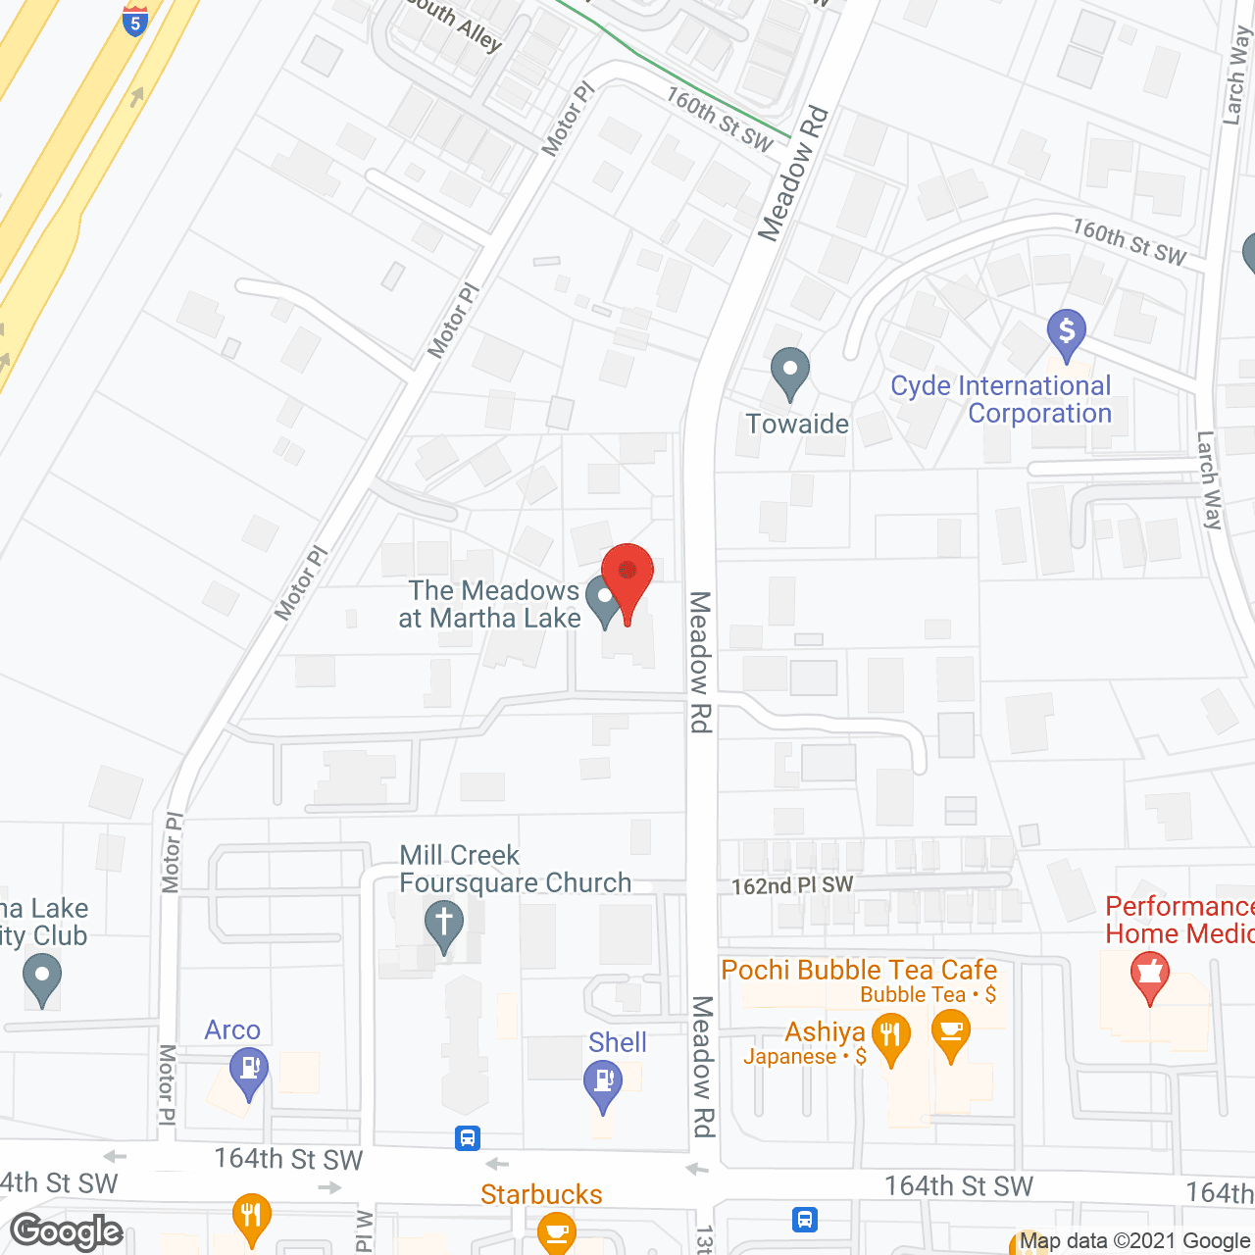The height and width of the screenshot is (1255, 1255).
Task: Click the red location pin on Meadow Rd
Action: (x=627, y=578)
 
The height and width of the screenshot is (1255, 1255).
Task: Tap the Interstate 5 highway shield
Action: (x=135, y=19)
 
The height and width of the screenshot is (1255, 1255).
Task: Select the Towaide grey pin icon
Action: (x=789, y=374)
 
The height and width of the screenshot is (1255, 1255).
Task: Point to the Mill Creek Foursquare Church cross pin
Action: (x=443, y=926)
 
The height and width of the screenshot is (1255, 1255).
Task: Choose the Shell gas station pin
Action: (x=602, y=1084)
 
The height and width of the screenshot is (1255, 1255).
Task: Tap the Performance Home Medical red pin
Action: (x=1150, y=976)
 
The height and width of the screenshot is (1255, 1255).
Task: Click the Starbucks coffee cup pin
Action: (x=556, y=1231)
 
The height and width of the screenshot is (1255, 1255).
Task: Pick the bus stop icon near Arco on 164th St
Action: (x=468, y=1138)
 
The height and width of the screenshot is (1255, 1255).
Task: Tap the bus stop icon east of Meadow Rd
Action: (x=805, y=1219)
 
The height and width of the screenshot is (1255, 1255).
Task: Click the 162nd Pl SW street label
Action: (x=792, y=885)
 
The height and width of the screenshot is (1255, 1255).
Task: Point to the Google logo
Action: (x=67, y=1231)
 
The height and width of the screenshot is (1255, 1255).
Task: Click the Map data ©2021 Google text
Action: (x=1134, y=1241)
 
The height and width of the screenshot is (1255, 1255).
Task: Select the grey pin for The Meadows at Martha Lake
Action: (x=603, y=599)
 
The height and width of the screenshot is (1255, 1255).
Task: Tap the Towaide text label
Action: (x=797, y=424)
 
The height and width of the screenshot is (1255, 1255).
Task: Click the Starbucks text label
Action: (x=541, y=1194)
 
